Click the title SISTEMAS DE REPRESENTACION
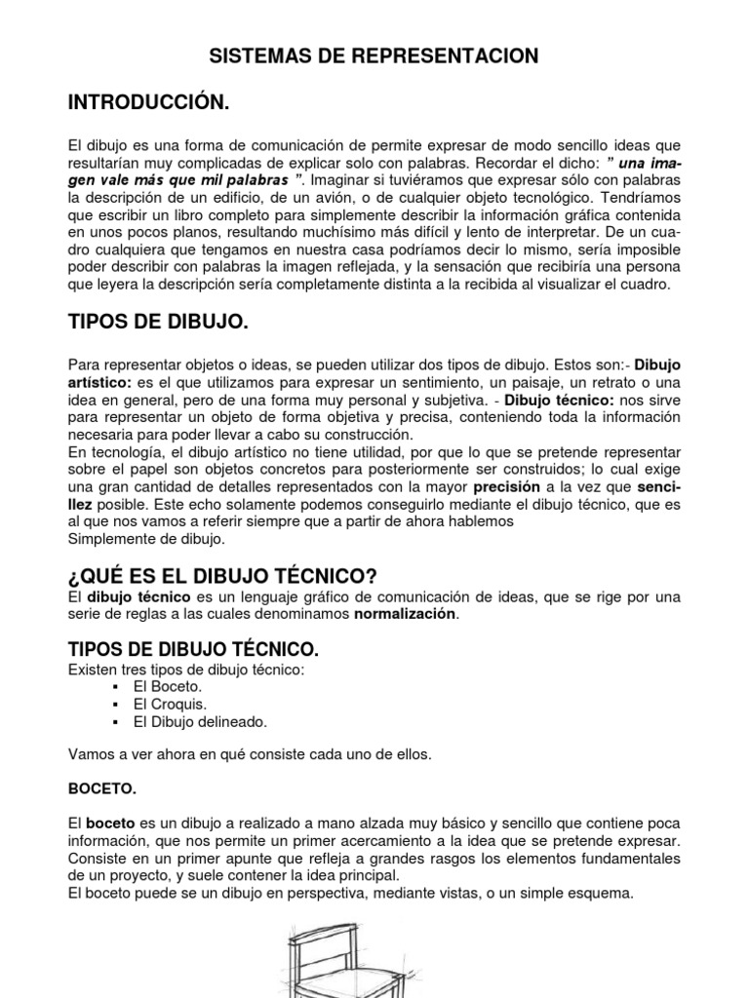click(374, 57)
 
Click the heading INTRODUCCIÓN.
click(149, 102)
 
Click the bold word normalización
click(404, 615)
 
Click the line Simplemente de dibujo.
click(146, 538)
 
